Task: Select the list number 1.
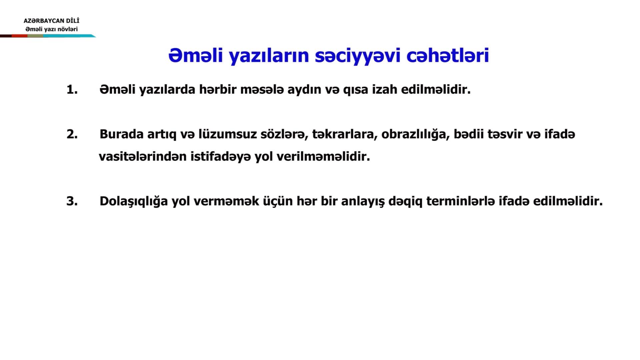[72, 90]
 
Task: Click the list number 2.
[72, 134]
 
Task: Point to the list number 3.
[72, 201]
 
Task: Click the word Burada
[121, 134]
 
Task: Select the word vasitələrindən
[143, 156]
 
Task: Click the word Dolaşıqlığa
[134, 202]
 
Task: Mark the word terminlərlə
[460, 201]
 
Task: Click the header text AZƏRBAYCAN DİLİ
[51, 21]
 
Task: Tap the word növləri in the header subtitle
[68, 29]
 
